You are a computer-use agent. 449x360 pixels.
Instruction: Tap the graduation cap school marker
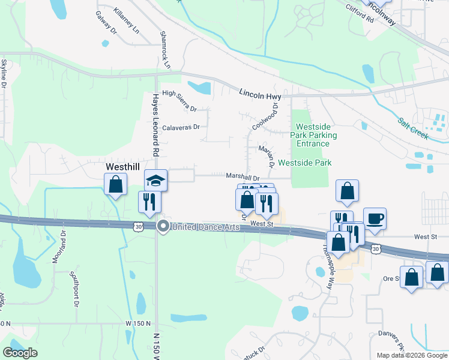click(155, 179)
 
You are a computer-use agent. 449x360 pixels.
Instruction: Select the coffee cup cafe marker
click(375, 218)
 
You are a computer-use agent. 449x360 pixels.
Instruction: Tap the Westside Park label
click(304, 163)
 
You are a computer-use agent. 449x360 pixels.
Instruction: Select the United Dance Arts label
click(206, 227)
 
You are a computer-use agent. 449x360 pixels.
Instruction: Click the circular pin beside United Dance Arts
click(163, 226)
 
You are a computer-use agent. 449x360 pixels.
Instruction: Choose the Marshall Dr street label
click(243, 178)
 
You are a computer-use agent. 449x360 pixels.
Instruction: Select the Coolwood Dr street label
click(266, 116)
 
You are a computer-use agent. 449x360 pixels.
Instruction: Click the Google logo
click(20, 353)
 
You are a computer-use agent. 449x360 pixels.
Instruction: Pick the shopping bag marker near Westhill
click(115, 184)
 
